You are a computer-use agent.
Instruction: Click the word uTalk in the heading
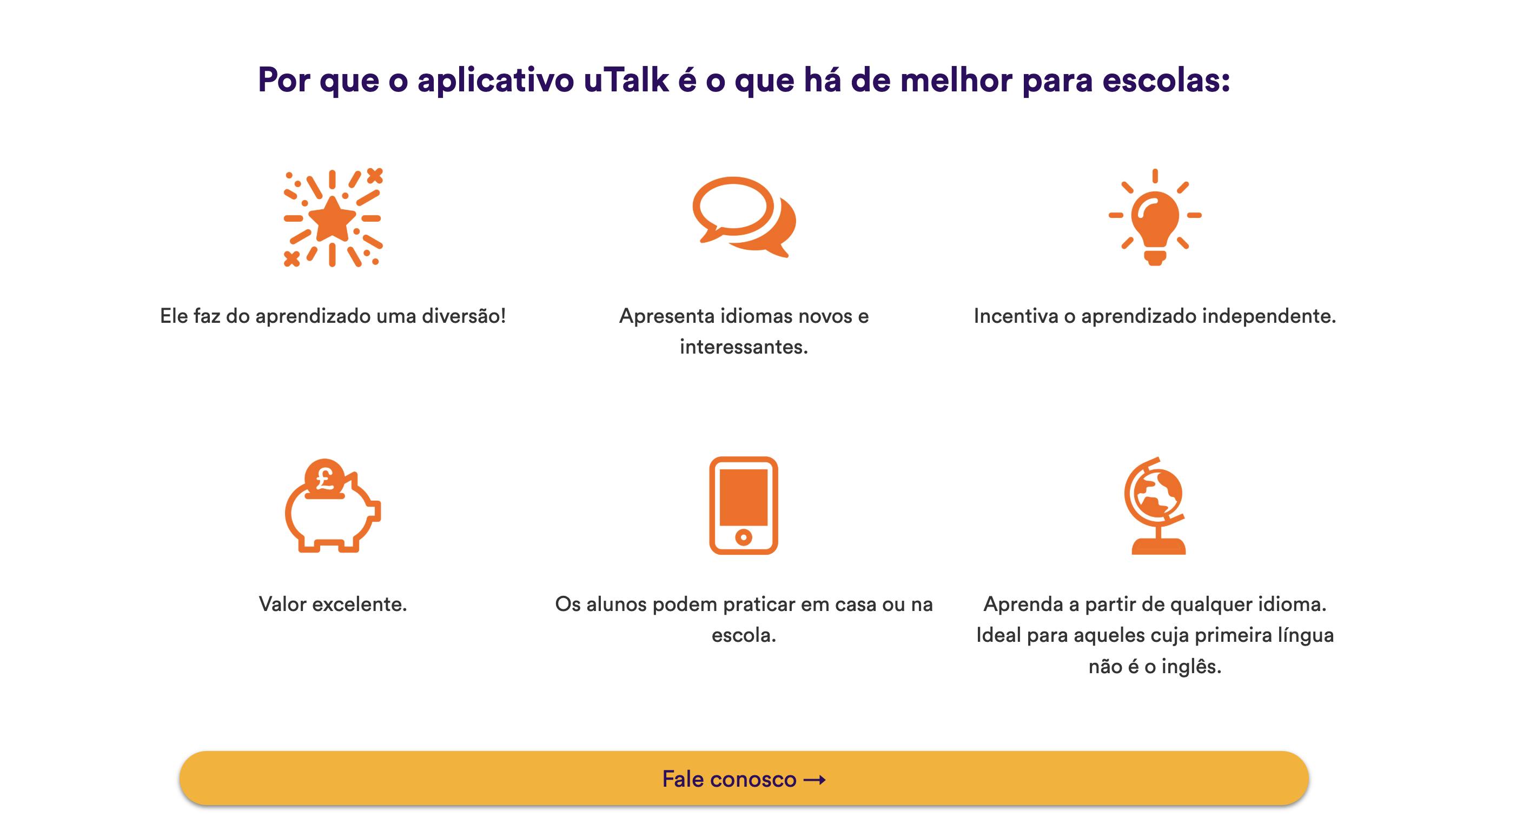tap(626, 80)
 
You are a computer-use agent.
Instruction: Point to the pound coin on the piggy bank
tap(325, 477)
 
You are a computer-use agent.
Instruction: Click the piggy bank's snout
tap(374, 510)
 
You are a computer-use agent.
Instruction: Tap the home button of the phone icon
tap(744, 536)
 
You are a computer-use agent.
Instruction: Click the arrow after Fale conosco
tap(815, 779)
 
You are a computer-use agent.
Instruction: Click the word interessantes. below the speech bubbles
tap(744, 347)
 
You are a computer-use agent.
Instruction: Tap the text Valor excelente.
tap(333, 604)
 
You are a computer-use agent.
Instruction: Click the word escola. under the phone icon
tap(744, 635)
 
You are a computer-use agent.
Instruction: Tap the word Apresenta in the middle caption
tap(667, 316)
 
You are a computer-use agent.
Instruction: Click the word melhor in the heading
tap(956, 80)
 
